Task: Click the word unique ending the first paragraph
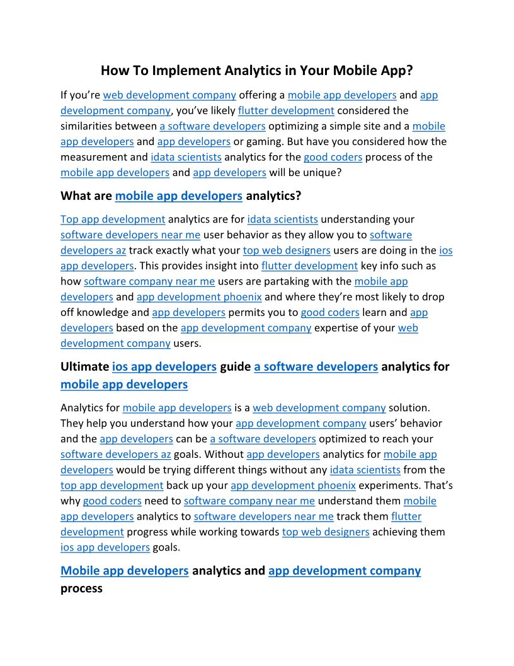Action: click(321, 172)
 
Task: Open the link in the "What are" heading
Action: click(179, 196)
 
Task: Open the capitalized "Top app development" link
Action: click(113, 219)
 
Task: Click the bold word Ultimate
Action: click(84, 366)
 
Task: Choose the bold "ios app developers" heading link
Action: click(164, 366)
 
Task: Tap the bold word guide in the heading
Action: click(236, 366)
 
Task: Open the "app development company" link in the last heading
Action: click(345, 571)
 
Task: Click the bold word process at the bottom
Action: click(81, 588)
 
